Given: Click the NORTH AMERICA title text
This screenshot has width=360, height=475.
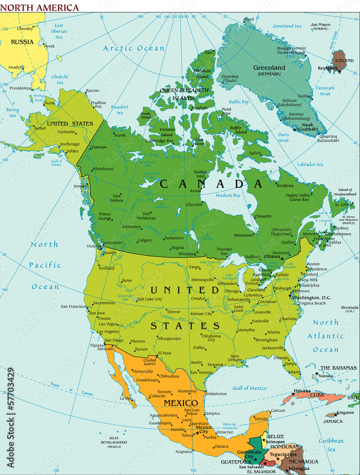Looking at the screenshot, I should (39, 8).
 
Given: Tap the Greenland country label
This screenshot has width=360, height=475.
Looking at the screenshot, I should (269, 68).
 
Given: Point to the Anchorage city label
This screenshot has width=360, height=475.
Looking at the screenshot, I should (70, 144).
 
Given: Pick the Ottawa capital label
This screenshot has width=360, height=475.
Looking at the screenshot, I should (272, 256).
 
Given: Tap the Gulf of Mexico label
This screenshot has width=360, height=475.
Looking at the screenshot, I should (249, 388).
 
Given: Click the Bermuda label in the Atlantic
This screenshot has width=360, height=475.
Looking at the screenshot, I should (350, 307).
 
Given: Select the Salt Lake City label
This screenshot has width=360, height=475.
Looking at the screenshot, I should (149, 299).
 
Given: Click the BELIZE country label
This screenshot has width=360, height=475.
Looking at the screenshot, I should (275, 436).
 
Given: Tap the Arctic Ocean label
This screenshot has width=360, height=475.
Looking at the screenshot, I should (134, 48).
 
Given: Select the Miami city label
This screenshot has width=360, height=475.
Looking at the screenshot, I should (294, 372).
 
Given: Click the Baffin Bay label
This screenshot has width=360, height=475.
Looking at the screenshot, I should (239, 102).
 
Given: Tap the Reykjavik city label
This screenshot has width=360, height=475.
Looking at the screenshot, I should (329, 68).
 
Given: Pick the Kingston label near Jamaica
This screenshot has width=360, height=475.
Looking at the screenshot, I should (345, 412).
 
